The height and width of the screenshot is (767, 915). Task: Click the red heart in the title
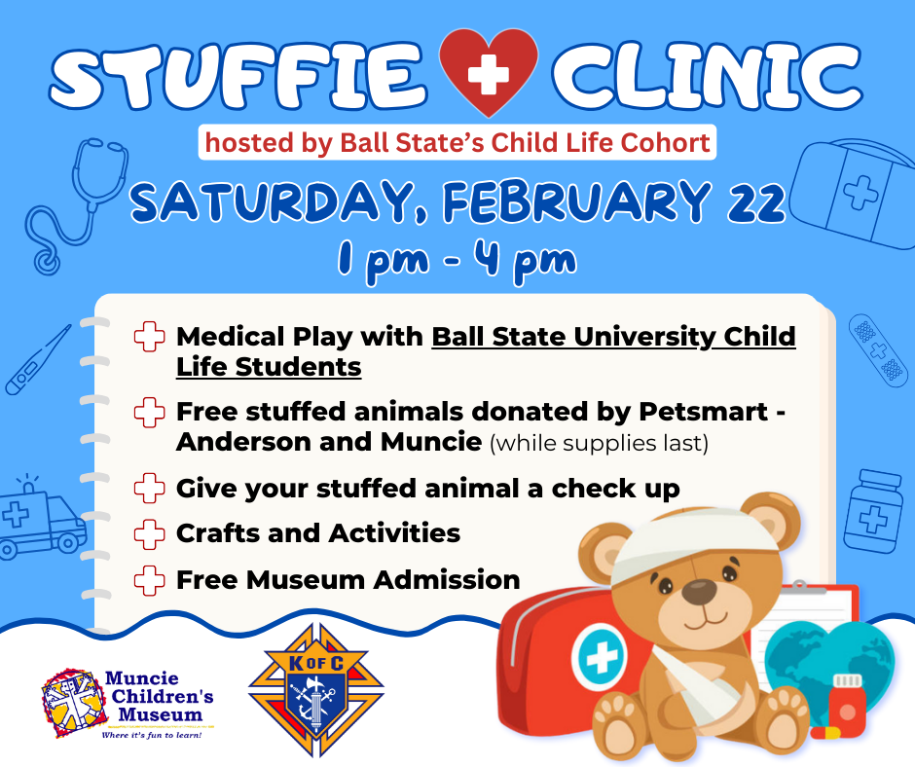488,70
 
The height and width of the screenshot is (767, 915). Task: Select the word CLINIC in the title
707,74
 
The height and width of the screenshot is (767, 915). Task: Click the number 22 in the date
756,201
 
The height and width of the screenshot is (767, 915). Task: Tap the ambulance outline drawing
41,519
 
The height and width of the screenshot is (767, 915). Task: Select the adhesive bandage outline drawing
878,347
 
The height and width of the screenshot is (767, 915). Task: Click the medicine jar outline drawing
873,511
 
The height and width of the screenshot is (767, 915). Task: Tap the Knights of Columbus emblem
315,689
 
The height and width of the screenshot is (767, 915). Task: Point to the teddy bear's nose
699,592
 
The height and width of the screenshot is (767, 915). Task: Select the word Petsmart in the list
703,412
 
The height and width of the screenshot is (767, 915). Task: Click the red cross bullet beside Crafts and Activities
149,534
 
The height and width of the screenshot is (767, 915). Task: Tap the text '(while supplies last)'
599,444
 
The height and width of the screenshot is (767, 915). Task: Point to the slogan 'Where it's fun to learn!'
152,735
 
